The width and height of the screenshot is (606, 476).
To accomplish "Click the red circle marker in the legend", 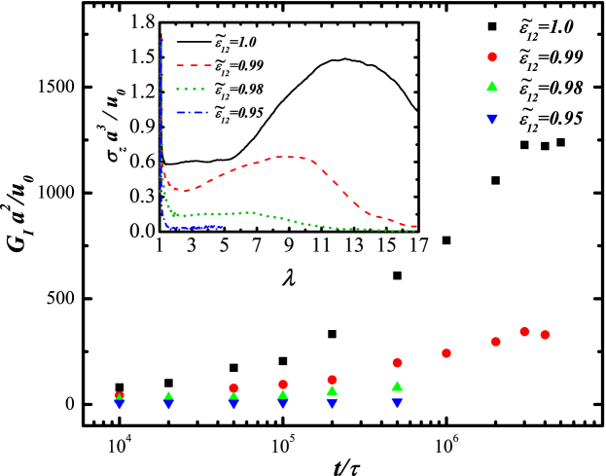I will [x=492, y=57].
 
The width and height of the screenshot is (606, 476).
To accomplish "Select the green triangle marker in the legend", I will [x=492, y=87].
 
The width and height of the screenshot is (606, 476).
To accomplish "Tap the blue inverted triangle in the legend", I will [x=492, y=119].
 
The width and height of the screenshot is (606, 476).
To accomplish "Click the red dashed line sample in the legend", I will [x=194, y=65].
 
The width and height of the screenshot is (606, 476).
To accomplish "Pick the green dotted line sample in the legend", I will [x=192, y=89].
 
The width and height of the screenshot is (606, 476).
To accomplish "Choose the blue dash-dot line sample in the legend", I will [x=192, y=113].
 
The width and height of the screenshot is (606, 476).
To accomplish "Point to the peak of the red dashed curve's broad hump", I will [x=287, y=157].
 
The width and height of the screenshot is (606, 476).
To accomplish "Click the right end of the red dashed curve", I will [x=416, y=227].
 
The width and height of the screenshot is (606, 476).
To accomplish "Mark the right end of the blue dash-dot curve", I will [x=222, y=227].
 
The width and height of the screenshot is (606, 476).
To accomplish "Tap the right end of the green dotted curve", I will [x=414, y=231].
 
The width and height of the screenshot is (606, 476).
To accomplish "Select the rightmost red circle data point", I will [x=545, y=335].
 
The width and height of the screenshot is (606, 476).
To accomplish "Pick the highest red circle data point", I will [x=524, y=332].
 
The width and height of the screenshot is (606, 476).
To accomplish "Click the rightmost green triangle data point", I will [x=397, y=386].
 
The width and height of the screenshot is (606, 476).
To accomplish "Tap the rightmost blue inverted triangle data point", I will [x=397, y=403].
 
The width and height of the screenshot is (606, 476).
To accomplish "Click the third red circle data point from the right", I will [x=496, y=342].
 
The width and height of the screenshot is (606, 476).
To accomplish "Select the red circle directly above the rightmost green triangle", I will [x=397, y=363].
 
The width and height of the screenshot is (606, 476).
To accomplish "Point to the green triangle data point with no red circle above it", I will [x=168, y=396].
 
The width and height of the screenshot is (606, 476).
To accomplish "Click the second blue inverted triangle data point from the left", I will [x=168, y=405].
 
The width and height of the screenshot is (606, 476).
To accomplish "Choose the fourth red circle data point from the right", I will [x=446, y=353].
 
